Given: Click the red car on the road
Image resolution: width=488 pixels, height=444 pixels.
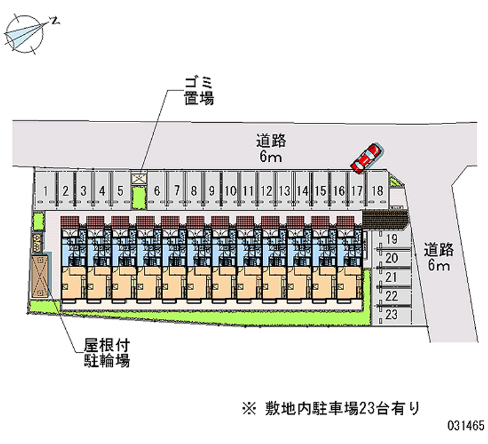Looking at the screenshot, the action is point(367,158).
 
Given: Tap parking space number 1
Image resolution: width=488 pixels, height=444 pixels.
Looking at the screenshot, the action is point(45,191).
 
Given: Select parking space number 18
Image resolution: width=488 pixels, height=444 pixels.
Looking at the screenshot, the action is point(378,191).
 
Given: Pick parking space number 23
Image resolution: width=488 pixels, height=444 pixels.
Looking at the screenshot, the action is point(392,315).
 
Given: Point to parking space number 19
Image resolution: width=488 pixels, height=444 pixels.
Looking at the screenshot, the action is point(392,239).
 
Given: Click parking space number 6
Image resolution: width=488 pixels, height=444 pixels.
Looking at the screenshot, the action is point(157,191).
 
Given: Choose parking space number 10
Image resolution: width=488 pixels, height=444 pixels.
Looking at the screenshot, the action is point(231,191).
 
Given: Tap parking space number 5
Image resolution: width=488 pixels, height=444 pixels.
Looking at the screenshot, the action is point(120,191).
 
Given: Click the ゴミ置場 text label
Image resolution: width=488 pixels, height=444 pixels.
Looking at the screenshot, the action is point(199,91).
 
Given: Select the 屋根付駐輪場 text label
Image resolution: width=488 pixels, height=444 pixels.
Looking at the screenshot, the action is point(106,353).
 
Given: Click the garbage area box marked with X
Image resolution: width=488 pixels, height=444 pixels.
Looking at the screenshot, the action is point(138,178).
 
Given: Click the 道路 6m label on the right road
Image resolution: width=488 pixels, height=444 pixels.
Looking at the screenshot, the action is point(439,257).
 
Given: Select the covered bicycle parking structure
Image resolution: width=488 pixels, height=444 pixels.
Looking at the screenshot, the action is point(40,276).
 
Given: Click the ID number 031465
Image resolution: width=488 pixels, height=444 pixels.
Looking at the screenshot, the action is point(466,425).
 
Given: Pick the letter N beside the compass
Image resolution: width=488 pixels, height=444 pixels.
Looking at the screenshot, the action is point(56,21).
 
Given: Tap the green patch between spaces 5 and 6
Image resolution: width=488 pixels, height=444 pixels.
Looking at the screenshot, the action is point(138,197).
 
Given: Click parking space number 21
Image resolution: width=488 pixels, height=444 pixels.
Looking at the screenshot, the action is point(392,277).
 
